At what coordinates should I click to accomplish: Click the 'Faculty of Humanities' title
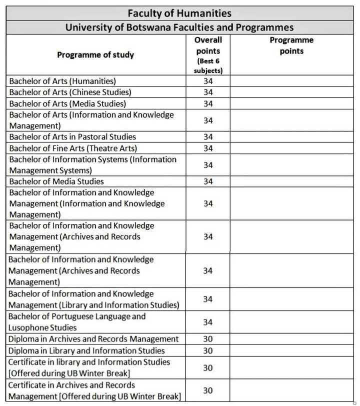179,13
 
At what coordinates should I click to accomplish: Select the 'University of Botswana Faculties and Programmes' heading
179,27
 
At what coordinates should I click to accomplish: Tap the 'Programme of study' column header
95,54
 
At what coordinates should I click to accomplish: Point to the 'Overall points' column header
208,45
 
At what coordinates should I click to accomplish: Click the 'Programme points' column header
291,45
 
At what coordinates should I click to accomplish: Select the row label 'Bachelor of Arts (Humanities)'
62,81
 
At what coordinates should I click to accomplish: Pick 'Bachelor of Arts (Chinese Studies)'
70,92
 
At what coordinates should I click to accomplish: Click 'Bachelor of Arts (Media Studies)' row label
67,104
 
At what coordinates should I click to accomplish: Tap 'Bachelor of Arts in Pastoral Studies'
72,137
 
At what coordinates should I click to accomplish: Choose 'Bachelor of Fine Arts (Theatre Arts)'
73,148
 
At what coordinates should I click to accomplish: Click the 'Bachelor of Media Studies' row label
56,181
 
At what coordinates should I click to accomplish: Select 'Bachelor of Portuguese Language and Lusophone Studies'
77,322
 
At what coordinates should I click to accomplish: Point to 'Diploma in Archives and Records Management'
93,339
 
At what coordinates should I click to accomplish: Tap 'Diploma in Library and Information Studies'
86,350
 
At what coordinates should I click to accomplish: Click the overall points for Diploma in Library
208,350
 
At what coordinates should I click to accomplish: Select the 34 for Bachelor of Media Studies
208,181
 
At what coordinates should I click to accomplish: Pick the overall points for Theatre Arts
208,148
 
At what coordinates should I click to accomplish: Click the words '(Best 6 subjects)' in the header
208,65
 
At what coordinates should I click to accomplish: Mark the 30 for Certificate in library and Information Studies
208,367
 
